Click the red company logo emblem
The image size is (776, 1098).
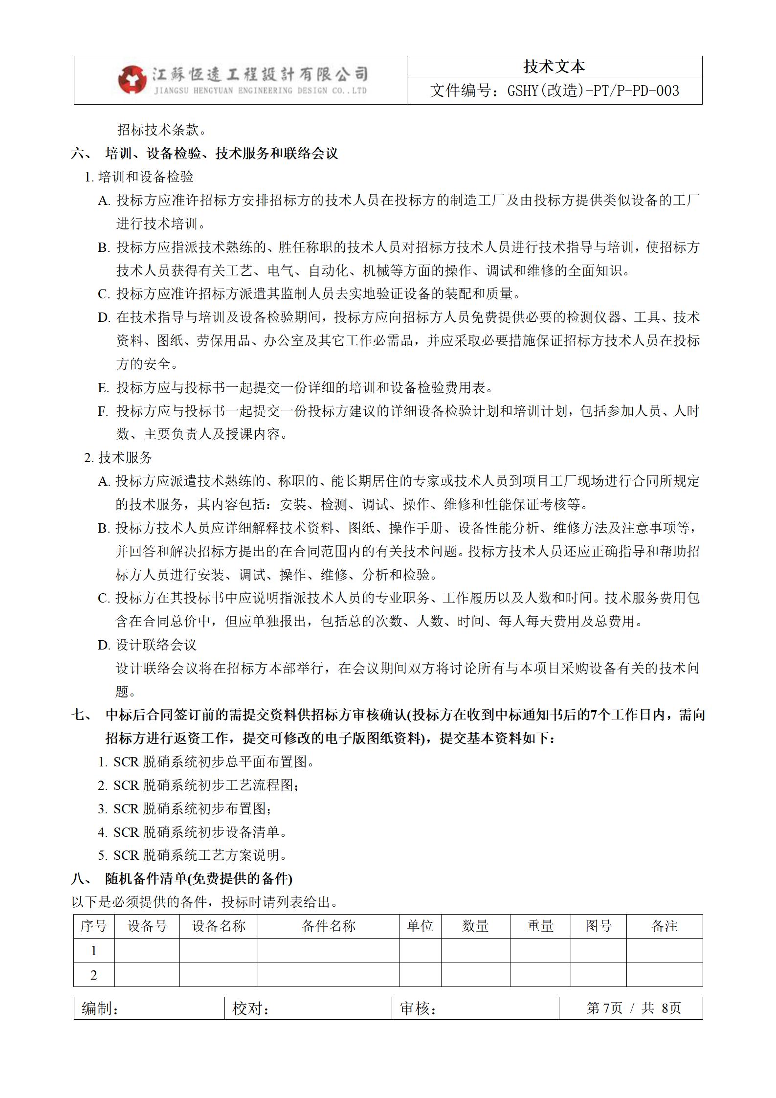132,80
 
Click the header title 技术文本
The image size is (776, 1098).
554,67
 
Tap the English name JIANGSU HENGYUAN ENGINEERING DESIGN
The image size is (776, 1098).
260,91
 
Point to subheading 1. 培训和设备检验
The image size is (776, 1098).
139,177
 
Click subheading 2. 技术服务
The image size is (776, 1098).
118,458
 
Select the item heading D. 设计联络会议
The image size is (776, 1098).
147,645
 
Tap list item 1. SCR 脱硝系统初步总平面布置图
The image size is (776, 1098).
206,762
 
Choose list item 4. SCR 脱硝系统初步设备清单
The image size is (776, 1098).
193,832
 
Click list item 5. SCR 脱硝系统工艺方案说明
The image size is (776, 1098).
193,855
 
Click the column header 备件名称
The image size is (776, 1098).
329,926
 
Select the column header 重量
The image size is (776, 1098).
540,926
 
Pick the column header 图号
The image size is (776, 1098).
599,926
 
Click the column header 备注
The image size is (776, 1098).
665,926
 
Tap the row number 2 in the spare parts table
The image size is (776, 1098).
94,975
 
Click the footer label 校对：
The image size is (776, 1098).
251,1008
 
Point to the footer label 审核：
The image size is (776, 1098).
418,1008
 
